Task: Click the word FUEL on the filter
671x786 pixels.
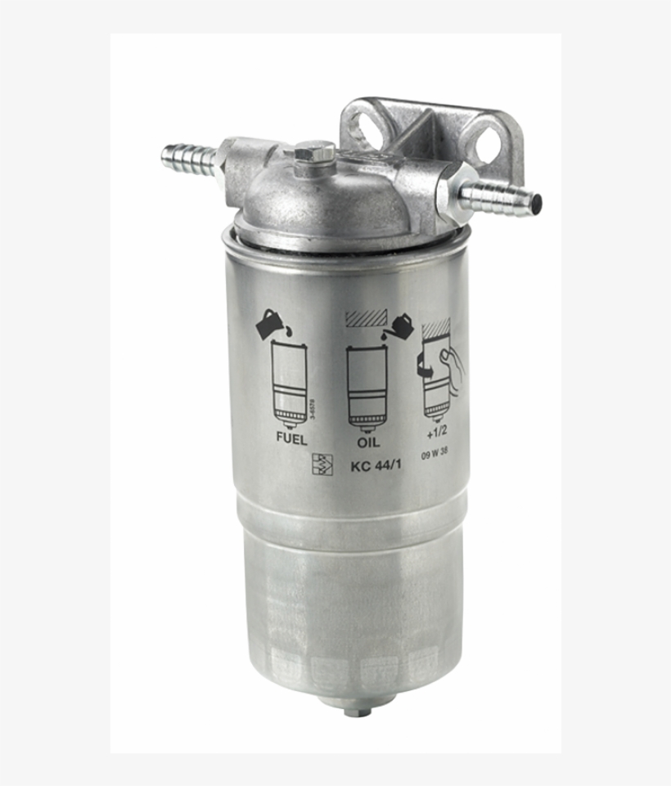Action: (291, 439)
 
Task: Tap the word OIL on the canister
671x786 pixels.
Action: (368, 442)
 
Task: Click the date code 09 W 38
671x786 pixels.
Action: (434, 456)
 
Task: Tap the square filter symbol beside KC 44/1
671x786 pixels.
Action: (322, 465)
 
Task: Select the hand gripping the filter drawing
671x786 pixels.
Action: (449, 365)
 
